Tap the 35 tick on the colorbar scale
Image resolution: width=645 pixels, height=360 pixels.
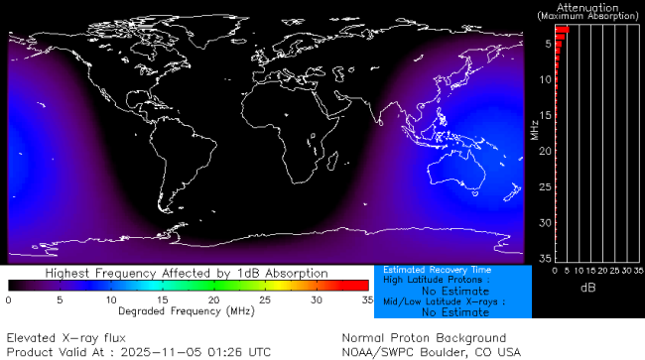367,300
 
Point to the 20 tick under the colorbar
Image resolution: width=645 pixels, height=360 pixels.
213,300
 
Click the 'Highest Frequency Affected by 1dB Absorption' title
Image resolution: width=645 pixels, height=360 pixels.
187,273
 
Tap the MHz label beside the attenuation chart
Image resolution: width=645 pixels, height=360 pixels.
534,129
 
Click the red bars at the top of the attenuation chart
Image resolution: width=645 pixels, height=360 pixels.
562,32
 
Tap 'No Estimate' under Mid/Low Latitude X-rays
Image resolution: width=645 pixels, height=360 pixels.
454,312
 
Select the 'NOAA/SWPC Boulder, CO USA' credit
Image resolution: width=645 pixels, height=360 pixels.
431,352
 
